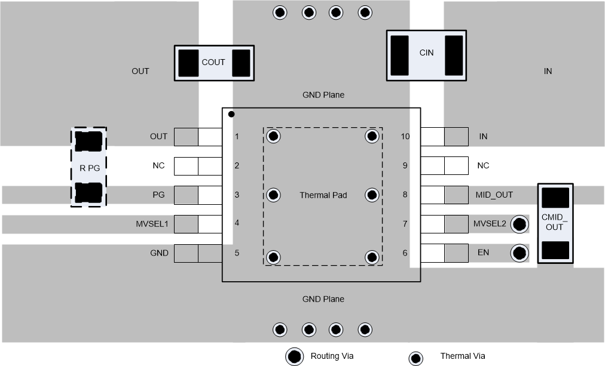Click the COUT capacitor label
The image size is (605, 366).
[213, 62]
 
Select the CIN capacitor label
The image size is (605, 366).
[426, 53]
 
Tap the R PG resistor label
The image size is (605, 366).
[89, 168]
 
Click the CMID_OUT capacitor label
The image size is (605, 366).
[555, 222]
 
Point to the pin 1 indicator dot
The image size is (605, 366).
[231, 114]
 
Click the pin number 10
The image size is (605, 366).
[405, 137]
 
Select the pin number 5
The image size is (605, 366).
[237, 253]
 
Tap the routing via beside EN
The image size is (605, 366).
[520, 253]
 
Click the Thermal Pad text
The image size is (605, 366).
[323, 195]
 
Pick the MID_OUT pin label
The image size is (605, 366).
[494, 195]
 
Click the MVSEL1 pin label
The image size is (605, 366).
[152, 224]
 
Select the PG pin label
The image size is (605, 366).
[158, 195]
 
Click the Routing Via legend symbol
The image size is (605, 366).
[294, 356]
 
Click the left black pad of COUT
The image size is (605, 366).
[189, 63]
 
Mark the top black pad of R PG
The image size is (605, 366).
[89, 142]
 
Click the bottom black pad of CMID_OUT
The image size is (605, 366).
[555, 250]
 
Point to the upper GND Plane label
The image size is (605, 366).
[323, 95]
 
